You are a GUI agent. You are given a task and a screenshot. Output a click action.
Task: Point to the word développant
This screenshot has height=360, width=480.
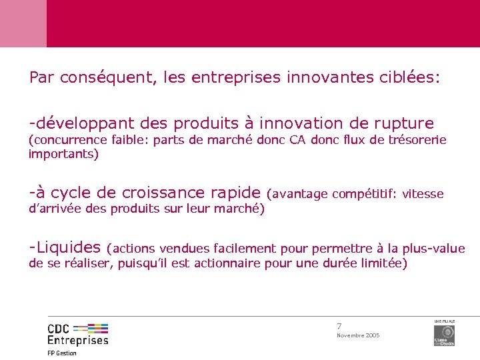(83, 123)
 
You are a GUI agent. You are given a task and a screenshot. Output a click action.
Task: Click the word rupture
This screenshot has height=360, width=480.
(403, 124)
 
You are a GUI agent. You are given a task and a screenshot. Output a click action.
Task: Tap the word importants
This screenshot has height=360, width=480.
(63, 155)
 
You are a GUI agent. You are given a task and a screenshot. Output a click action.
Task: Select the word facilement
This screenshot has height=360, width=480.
(247, 249)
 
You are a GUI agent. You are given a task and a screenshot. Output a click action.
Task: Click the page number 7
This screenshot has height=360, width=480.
(339, 326)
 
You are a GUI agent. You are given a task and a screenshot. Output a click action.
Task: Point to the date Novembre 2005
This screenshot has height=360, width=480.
(358, 335)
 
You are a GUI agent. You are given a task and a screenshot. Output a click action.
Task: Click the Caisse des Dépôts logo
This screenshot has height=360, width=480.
(444, 333)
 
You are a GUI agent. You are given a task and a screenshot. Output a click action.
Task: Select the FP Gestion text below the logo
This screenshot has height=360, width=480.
(62, 353)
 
